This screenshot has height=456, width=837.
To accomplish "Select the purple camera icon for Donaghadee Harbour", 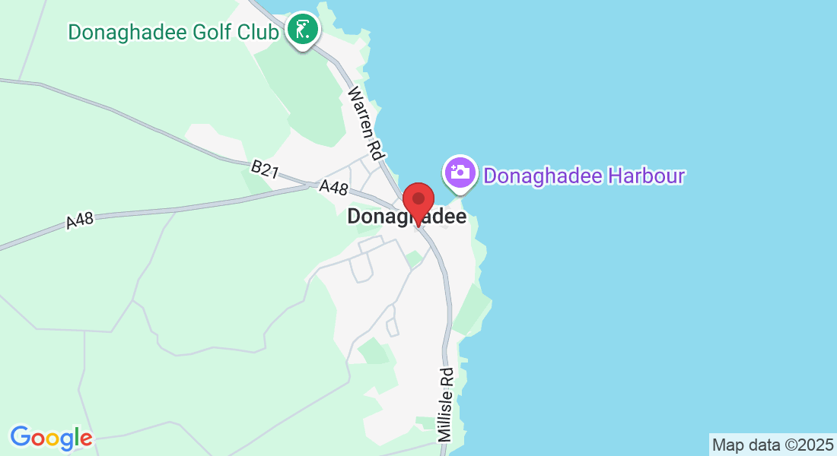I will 460,172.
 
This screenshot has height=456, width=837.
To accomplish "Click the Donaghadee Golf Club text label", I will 173,32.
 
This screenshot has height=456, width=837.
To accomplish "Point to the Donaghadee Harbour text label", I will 584,176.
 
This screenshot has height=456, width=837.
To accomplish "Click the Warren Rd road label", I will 364,122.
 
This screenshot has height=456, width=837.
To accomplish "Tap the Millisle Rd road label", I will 446,404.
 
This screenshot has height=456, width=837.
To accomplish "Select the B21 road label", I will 264,169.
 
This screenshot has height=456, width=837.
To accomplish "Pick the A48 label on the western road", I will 80,220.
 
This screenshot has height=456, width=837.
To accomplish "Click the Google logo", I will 51,438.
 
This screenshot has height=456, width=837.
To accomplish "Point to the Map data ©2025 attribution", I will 772,445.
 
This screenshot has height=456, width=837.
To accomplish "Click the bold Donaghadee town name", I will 406,217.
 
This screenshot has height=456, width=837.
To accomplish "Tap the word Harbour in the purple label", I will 648,176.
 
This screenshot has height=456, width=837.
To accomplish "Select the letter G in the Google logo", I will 21,437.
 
